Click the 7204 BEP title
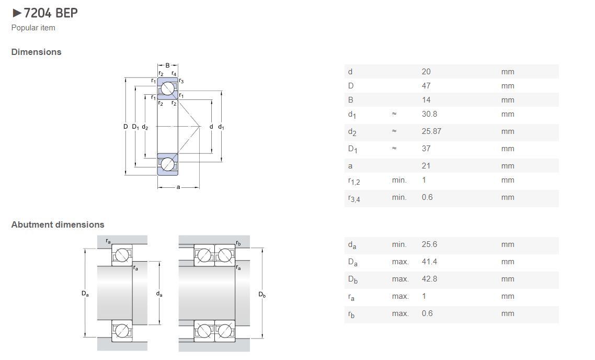(51, 13)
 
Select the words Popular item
(33, 28)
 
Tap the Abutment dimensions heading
(58, 224)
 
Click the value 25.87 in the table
(431, 131)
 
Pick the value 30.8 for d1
(429, 114)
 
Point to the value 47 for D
(426, 86)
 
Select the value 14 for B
(426, 100)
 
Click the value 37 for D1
(426, 149)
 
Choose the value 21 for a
(426, 165)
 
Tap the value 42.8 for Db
(429, 279)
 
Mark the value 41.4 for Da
(429, 262)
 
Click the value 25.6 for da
(429, 244)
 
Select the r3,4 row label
(354, 198)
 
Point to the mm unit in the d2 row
(508, 131)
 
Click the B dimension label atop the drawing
(167, 65)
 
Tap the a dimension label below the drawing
(178, 187)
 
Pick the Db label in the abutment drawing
(262, 294)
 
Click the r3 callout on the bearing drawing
(181, 81)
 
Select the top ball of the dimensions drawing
(167, 89)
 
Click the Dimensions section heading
(37, 52)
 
